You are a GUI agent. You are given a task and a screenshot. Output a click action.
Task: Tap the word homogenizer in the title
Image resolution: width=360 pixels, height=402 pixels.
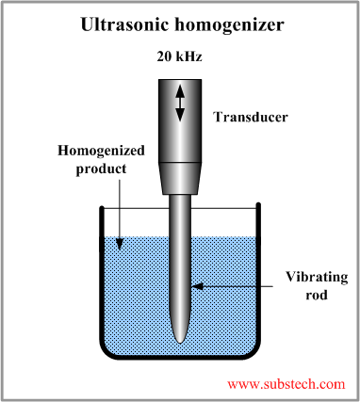point(221,22)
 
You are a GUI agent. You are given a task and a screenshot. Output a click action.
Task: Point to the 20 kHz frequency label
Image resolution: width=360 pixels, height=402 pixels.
point(178,56)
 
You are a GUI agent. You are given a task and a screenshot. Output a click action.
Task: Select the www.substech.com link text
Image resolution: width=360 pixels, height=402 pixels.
point(286,384)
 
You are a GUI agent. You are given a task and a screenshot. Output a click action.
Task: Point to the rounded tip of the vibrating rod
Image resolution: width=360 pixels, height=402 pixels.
point(181,340)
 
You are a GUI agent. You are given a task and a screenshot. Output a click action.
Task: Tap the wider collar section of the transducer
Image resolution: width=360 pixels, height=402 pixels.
point(181,176)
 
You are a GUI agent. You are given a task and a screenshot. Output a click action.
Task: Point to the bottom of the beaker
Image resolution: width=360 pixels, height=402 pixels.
point(181,357)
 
